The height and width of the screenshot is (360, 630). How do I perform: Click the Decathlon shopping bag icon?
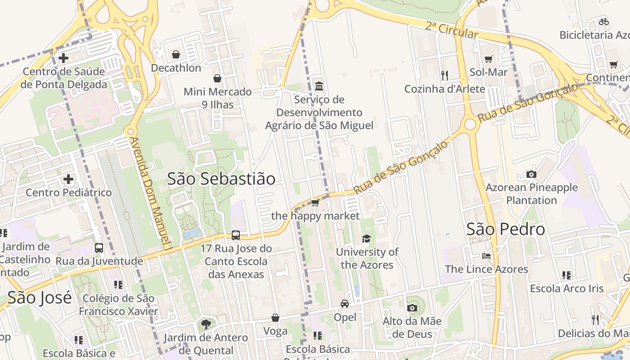tap(175, 54)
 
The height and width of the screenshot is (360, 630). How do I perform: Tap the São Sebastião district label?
tap(221, 179)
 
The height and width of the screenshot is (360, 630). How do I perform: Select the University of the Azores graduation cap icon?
tap(366, 238)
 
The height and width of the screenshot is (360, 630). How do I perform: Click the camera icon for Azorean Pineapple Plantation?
tap(531, 174)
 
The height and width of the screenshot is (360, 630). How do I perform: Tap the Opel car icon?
tap(345, 304)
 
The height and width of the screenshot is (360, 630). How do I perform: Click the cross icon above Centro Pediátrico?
tap(68, 180)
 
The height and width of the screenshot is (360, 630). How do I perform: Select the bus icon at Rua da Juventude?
tap(99, 247)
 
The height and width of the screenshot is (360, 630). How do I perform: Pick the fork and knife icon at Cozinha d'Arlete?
tap(445, 75)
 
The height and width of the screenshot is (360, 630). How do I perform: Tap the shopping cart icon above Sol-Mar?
tap(488, 59)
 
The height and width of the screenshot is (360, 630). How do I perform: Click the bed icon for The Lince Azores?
tap(486, 256)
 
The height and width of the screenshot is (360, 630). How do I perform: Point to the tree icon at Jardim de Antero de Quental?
tap(206, 324)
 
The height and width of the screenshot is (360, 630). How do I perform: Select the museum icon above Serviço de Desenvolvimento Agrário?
tap(319, 85)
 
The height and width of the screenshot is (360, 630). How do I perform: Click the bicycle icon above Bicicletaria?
tap(604, 21)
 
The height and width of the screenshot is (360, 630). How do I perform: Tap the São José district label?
tap(40, 297)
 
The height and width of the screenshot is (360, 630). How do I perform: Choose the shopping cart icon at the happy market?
tap(315, 202)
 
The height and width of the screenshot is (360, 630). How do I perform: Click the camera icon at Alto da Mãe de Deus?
tap(412, 308)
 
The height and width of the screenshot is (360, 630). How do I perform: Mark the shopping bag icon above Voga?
tap(275, 318)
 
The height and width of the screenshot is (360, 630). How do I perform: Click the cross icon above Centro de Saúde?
tap(63, 58)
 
